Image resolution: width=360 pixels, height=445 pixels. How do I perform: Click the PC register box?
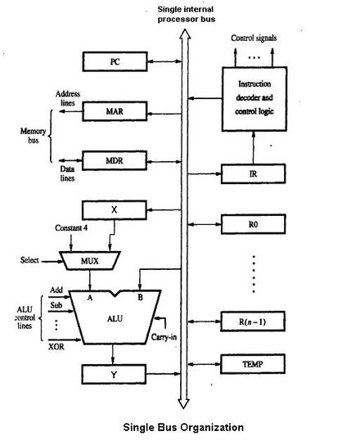pyautogui.click(x=115, y=61)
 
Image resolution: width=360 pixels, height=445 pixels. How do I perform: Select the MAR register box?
pyautogui.click(x=115, y=109)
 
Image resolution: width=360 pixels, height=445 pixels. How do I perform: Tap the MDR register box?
pyautogui.click(x=115, y=157)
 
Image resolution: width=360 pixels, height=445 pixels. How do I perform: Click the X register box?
pyautogui.click(x=115, y=209)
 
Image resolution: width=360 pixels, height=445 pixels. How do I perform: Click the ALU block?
pyautogui.click(x=115, y=316)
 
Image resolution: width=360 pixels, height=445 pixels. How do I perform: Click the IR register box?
pyautogui.click(x=255, y=173)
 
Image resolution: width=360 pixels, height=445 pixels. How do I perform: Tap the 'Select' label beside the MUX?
pyautogui.click(x=31, y=261)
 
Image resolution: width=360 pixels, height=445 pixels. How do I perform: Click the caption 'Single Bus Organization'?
pyautogui.click(x=182, y=427)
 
